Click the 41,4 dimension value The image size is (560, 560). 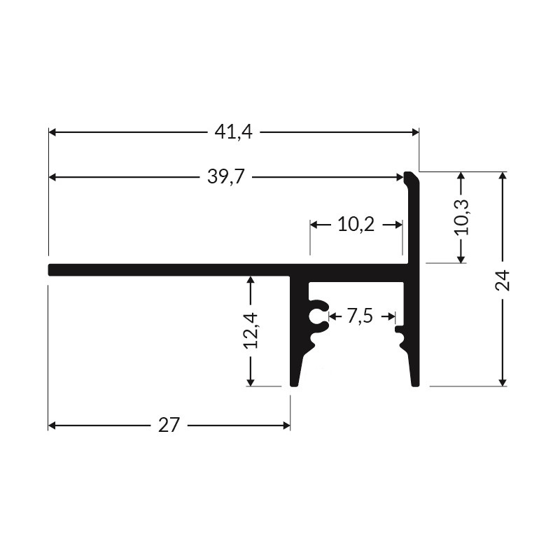point(233,132)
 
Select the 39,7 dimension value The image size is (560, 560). point(225,177)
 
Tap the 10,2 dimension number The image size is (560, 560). point(356,225)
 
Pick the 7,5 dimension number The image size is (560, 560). point(359,316)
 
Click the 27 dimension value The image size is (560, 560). point(169,425)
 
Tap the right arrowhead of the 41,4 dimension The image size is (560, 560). point(414,132)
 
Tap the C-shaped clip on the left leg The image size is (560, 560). point(318,316)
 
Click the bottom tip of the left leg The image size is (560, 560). point(295,383)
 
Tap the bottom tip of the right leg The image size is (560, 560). point(414,383)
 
